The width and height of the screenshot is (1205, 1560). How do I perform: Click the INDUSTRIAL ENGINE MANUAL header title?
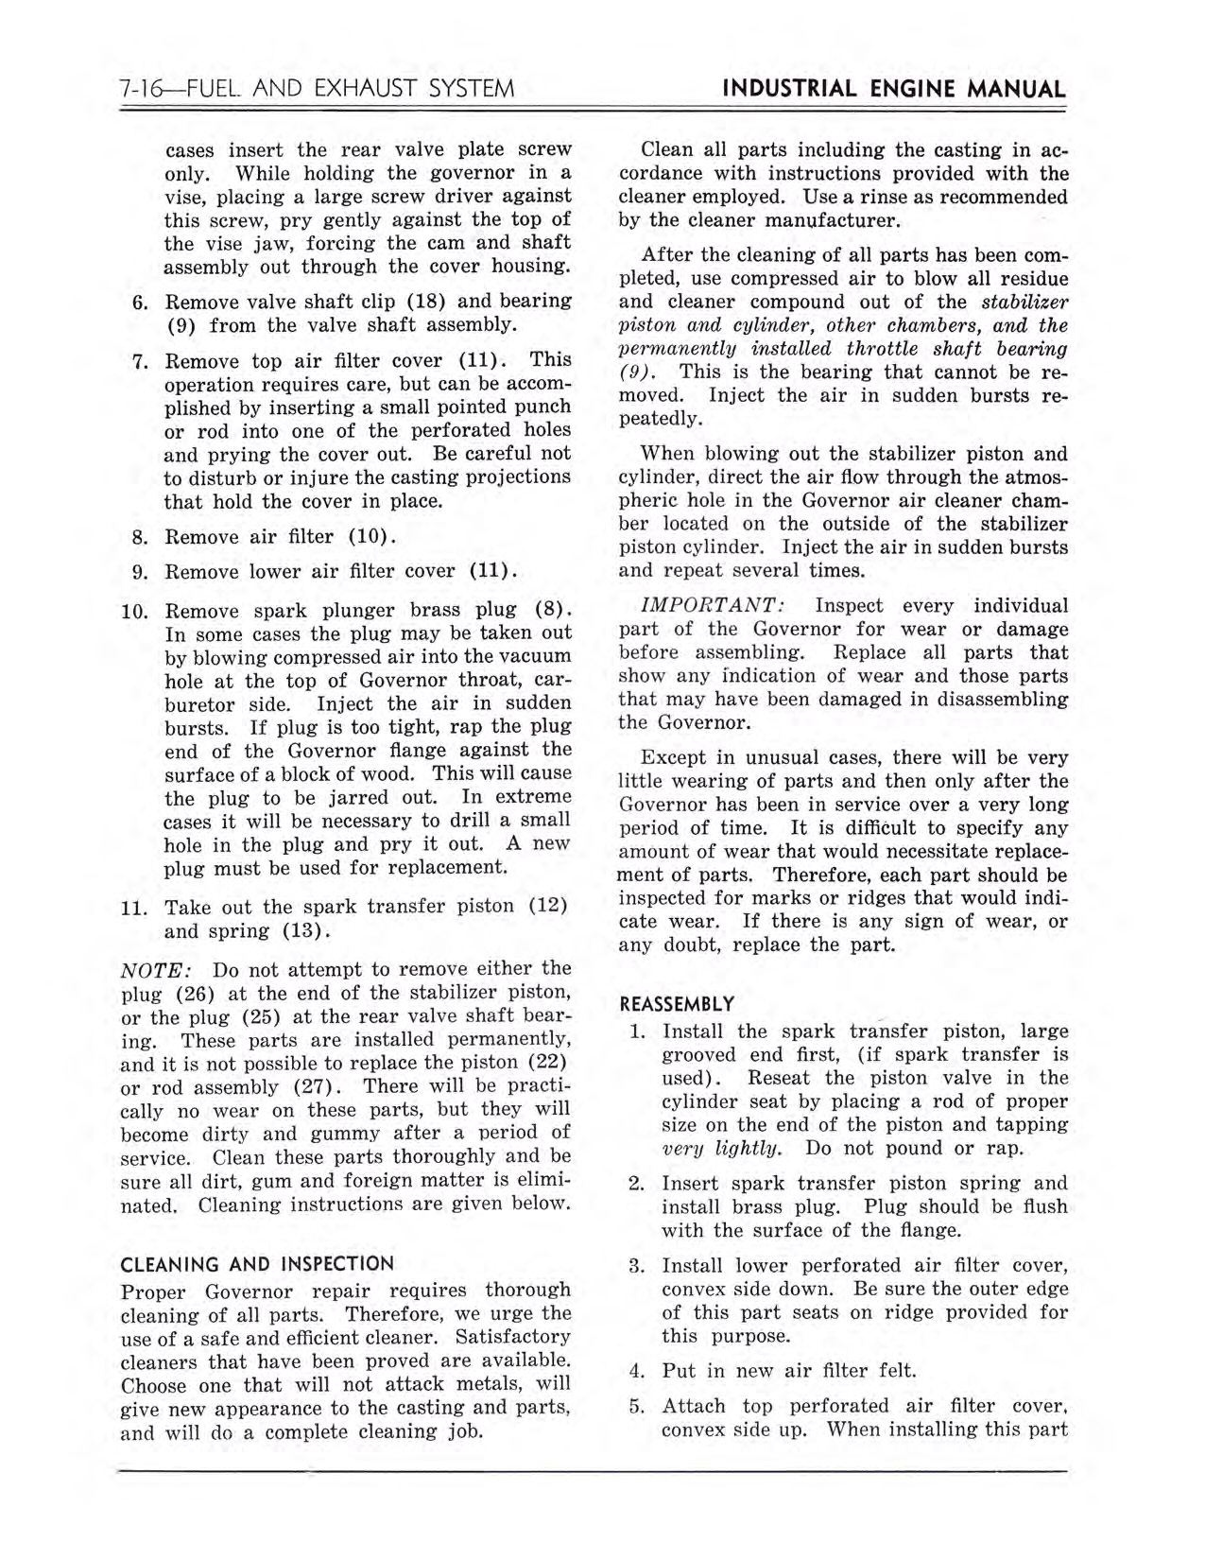893,89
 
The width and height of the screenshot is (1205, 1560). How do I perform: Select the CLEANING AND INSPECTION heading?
257,1264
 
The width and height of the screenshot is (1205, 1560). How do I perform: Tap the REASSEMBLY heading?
676,1003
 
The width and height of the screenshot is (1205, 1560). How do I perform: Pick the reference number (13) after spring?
305,931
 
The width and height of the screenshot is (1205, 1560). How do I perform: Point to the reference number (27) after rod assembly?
318,1086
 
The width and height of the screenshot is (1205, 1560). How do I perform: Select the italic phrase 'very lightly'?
721,1149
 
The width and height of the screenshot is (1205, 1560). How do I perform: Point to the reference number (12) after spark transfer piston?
547,906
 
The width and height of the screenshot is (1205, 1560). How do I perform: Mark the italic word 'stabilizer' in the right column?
1024,303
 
